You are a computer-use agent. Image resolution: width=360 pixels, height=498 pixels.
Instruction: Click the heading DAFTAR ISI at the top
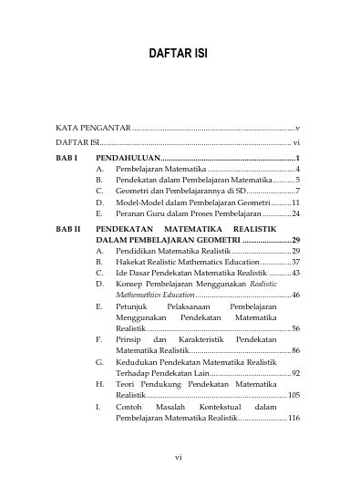(179, 54)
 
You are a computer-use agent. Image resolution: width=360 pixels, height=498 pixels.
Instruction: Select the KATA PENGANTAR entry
(92, 130)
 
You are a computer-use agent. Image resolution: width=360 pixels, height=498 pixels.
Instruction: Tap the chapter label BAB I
(67, 159)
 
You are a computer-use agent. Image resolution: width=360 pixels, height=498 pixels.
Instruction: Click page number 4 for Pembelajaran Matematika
(298, 170)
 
